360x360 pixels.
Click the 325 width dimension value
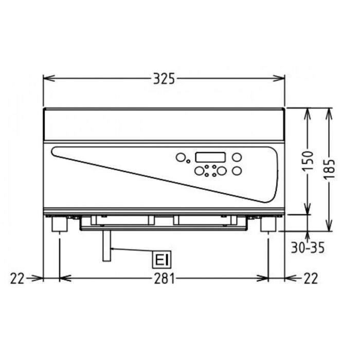(x=164, y=79)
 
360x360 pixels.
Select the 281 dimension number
(x=164, y=278)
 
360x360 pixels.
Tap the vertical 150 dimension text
(x=308, y=161)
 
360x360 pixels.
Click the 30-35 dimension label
(x=308, y=247)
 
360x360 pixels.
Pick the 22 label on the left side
(x=17, y=279)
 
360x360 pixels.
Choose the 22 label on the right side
(x=311, y=279)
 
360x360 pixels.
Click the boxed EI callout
(x=161, y=260)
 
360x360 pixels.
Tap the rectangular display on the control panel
(x=210, y=157)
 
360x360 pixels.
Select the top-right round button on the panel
(x=237, y=157)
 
